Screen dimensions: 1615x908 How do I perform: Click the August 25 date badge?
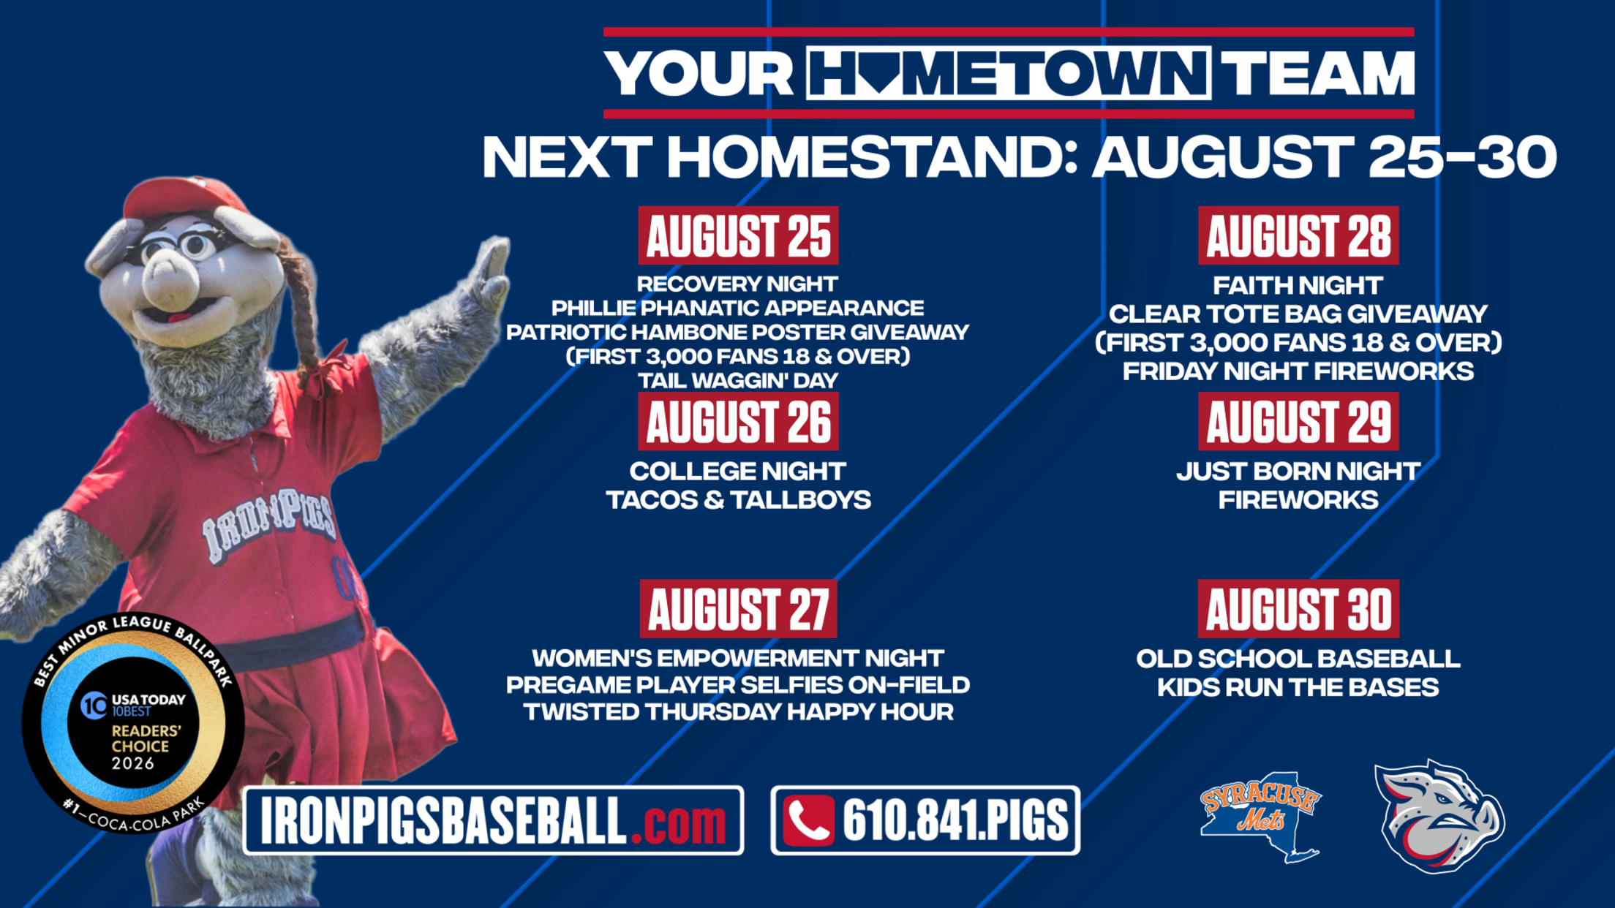point(738,235)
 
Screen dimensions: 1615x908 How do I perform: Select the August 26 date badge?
point(738,421)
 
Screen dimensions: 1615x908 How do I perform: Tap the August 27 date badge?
point(738,608)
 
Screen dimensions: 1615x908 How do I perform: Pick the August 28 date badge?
point(1298,235)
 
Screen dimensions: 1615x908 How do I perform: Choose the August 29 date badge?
point(1298,421)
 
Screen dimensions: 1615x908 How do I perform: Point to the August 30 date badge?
point(1298,608)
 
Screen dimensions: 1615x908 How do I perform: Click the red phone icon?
point(808,820)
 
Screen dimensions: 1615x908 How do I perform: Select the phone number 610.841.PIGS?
point(955,820)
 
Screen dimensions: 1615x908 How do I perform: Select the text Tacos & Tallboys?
point(738,500)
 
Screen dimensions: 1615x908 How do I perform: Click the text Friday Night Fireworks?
point(1298,371)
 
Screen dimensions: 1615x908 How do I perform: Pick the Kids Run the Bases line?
point(1298,687)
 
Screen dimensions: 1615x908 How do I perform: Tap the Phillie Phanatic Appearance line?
point(737,308)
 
